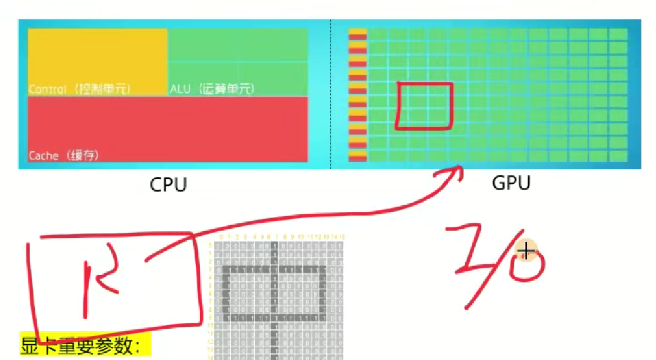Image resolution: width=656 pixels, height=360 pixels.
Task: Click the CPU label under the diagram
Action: [x=168, y=184]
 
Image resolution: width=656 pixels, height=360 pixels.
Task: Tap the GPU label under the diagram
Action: [x=510, y=182]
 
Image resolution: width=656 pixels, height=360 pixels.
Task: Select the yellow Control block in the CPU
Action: [x=97, y=60]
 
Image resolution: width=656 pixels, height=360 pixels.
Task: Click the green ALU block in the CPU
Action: [x=237, y=60]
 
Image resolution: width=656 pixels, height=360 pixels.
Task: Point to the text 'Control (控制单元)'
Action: [x=79, y=89]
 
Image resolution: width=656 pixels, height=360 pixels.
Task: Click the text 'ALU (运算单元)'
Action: [x=212, y=89]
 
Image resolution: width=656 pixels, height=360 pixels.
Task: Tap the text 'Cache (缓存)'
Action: [x=63, y=155]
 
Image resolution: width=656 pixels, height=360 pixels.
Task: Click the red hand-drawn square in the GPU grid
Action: [x=424, y=106]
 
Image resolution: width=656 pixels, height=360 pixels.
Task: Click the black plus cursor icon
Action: [x=526, y=251]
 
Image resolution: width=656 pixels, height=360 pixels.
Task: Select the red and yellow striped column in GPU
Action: [x=357, y=95]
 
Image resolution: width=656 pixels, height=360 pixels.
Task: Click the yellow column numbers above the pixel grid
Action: [x=280, y=237]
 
